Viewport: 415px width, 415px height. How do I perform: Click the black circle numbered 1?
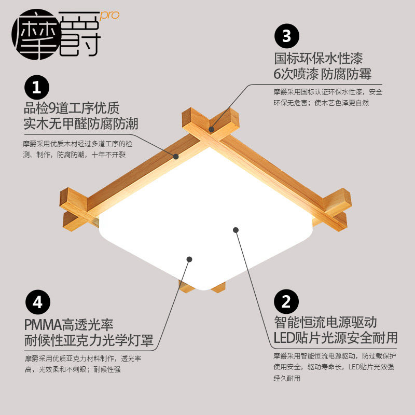37,87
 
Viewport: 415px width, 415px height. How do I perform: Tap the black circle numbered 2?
286,301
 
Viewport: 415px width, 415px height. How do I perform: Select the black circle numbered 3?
287,36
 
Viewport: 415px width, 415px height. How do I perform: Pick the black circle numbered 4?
37,302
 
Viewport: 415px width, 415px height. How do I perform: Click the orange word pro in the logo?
110,16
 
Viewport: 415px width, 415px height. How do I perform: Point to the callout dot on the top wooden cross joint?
211,129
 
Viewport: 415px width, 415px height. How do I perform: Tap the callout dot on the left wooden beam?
176,157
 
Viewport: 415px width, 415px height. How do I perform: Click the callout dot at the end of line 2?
236,230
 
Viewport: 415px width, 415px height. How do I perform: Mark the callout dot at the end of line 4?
189,259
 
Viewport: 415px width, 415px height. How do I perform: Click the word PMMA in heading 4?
43,325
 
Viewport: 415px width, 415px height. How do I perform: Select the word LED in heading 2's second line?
284,338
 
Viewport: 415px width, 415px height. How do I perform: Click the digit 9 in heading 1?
52,108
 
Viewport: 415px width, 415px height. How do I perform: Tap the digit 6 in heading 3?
277,74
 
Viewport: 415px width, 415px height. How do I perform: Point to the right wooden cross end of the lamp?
336,210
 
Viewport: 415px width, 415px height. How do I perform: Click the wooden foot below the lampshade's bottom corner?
203,287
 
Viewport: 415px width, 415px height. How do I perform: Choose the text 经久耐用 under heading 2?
287,378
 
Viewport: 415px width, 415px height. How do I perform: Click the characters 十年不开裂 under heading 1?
108,155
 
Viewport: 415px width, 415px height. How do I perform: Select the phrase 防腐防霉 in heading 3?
346,74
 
